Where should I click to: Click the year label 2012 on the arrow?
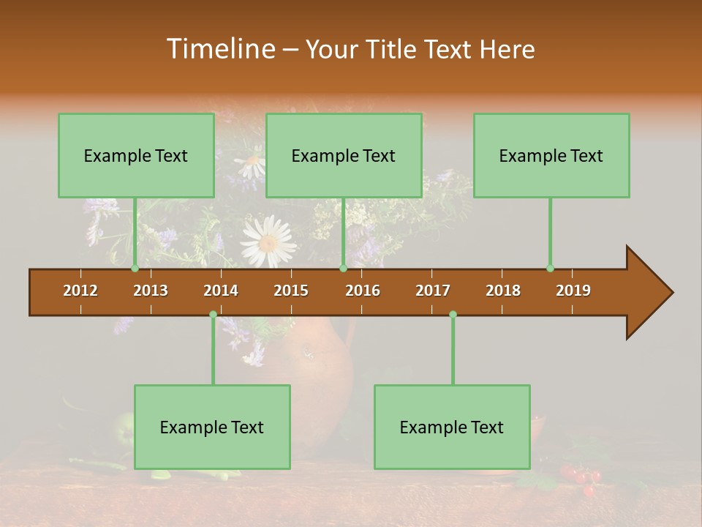coord(80,291)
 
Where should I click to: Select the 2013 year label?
coord(151,291)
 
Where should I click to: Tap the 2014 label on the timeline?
coord(221,291)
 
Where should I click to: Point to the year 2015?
coord(291,291)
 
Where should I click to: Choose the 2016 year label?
coord(363,291)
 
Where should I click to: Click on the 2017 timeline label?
coord(433,291)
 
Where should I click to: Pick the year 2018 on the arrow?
coord(503,291)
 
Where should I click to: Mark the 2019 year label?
coord(573,291)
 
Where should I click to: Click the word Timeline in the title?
coord(219,49)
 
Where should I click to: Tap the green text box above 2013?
coord(135,155)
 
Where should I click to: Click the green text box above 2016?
coord(343,155)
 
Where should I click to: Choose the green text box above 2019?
coord(551,155)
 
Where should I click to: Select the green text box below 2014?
coord(212,427)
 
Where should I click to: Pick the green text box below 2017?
coord(452,427)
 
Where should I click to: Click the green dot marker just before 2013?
coord(135,269)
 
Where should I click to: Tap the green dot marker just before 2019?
coord(550,269)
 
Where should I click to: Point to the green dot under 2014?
coord(213,314)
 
